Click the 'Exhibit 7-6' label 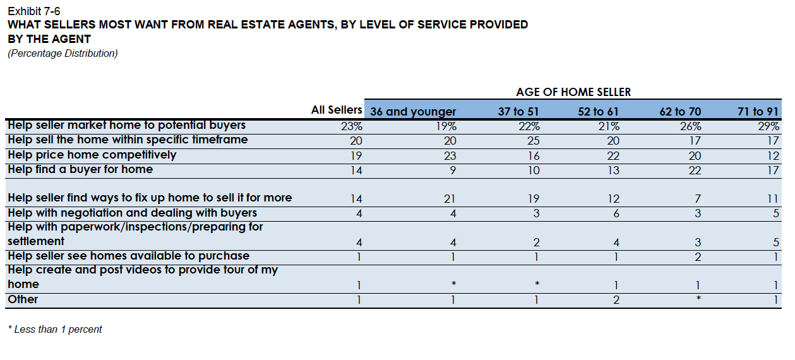[x=34, y=11]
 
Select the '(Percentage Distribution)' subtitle [x=63, y=54]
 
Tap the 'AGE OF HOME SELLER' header [x=573, y=92]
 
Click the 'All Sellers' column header [x=337, y=110]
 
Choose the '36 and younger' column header [x=413, y=112]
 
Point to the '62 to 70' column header [x=680, y=112]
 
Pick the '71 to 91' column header [x=758, y=112]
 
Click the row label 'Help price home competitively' [x=92, y=155]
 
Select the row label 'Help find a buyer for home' [x=80, y=169]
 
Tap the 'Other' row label [x=23, y=299]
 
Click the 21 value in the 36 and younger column [x=449, y=198]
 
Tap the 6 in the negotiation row [x=616, y=213]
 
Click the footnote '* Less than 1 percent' [x=55, y=330]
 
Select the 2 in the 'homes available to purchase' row [x=697, y=256]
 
